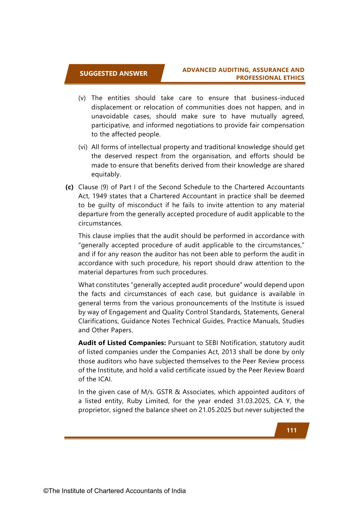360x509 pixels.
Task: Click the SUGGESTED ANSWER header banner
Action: tap(113, 73)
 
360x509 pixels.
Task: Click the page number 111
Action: tap(292, 430)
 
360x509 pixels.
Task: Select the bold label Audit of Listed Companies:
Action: tap(122, 343)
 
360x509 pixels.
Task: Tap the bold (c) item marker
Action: tap(69, 187)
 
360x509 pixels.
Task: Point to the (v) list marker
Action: tap(82, 98)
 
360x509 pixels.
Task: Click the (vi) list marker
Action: tap(83, 147)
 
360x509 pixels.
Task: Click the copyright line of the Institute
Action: tap(115, 491)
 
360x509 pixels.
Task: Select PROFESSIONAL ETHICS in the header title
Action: tap(270, 78)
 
